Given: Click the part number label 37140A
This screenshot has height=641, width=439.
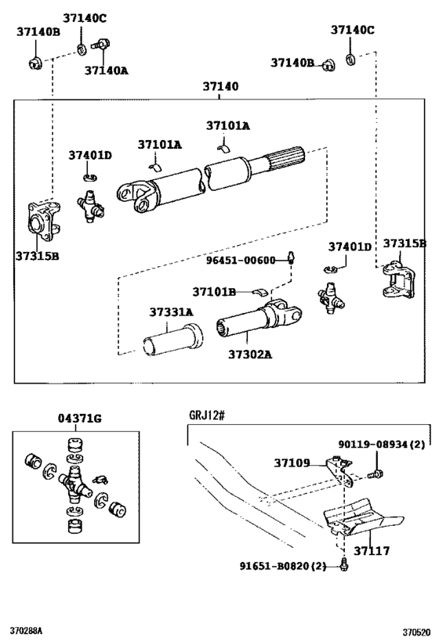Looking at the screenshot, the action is pyautogui.click(x=106, y=70).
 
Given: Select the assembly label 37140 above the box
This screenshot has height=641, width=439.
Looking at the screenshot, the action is pyautogui.click(x=220, y=86).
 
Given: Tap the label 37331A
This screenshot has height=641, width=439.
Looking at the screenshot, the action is pyautogui.click(x=171, y=312).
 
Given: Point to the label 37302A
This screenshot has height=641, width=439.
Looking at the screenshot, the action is pyautogui.click(x=250, y=354).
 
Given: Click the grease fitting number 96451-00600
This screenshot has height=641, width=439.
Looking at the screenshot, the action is pyautogui.click(x=241, y=261).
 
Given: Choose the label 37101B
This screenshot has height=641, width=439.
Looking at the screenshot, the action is pyautogui.click(x=214, y=292).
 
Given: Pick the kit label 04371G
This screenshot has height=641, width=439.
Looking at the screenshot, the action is pyautogui.click(x=79, y=418).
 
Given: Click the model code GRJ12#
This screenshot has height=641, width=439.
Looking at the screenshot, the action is pyautogui.click(x=207, y=416).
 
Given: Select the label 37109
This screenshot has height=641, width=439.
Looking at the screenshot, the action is pyautogui.click(x=292, y=463).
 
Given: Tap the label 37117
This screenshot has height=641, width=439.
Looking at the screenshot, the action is pyautogui.click(x=372, y=551).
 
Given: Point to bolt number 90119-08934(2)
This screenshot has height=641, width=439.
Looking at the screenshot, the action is pyautogui.click(x=382, y=445).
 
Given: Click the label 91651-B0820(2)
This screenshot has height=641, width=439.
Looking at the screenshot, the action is pyautogui.click(x=283, y=566).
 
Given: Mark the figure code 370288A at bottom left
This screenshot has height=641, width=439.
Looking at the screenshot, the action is pyautogui.click(x=26, y=631).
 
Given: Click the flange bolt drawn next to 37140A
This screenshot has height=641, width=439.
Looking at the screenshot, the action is pyautogui.click(x=101, y=44).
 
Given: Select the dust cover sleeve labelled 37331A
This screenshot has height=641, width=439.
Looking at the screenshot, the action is pyautogui.click(x=172, y=340).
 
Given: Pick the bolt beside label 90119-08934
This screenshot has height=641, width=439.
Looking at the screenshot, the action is pyautogui.click(x=376, y=474).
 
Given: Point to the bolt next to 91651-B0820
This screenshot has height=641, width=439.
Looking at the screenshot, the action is pyautogui.click(x=344, y=565).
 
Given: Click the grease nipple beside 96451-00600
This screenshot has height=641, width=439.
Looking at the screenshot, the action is pyautogui.click(x=291, y=257).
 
